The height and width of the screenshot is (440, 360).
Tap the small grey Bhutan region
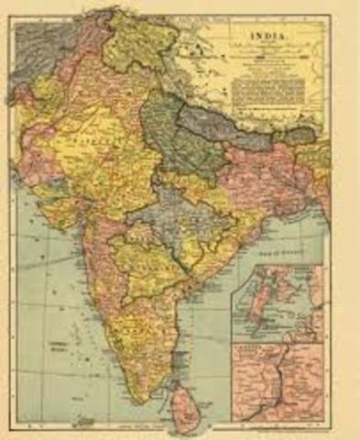300,135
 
